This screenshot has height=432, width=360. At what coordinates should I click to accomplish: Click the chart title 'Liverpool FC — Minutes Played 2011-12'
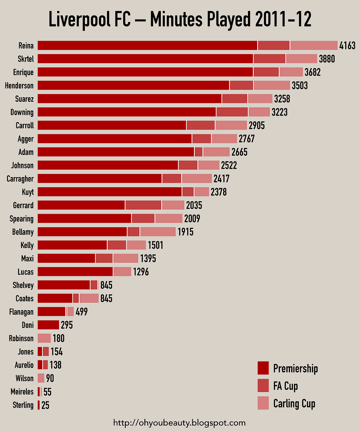pos(180,20)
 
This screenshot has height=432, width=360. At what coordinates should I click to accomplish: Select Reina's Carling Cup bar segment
pos(314,46)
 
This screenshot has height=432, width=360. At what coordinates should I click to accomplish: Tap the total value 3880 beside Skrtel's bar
pos(327,59)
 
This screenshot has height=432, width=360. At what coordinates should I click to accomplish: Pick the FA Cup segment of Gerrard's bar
pos(143,205)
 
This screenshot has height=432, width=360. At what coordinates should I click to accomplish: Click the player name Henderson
pos(19,86)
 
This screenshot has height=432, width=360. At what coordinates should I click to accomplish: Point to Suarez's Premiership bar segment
pos(130,99)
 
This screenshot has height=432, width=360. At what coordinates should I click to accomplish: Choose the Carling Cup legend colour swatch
pos(263,404)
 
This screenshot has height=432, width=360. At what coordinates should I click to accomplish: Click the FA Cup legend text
pos(286,386)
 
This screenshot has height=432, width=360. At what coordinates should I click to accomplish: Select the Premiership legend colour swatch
pos(263,368)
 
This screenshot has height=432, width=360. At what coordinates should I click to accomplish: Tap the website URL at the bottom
pos(180,423)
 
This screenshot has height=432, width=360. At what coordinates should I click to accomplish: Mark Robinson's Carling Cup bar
pos(44,338)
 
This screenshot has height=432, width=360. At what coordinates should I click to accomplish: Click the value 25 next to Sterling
pos(45,405)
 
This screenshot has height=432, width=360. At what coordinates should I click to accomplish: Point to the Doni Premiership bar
pos(48,325)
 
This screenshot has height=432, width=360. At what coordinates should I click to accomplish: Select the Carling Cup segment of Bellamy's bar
pos(158,232)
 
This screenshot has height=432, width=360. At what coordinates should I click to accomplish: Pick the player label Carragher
pos(20,179)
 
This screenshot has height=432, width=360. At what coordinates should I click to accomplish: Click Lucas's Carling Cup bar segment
pos(122,272)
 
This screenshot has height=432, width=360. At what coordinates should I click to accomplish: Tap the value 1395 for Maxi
pos(148,259)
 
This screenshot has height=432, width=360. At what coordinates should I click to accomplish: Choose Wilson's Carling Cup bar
pos(41,378)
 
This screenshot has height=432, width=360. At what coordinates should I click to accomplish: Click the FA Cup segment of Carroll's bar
pos(200,126)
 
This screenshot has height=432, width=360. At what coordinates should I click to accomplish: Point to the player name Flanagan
pos(21,312)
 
